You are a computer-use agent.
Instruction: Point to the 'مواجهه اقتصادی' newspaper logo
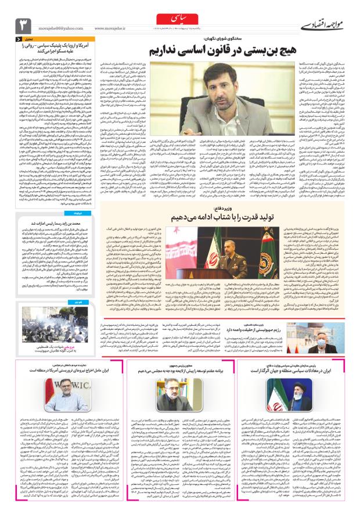325,25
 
